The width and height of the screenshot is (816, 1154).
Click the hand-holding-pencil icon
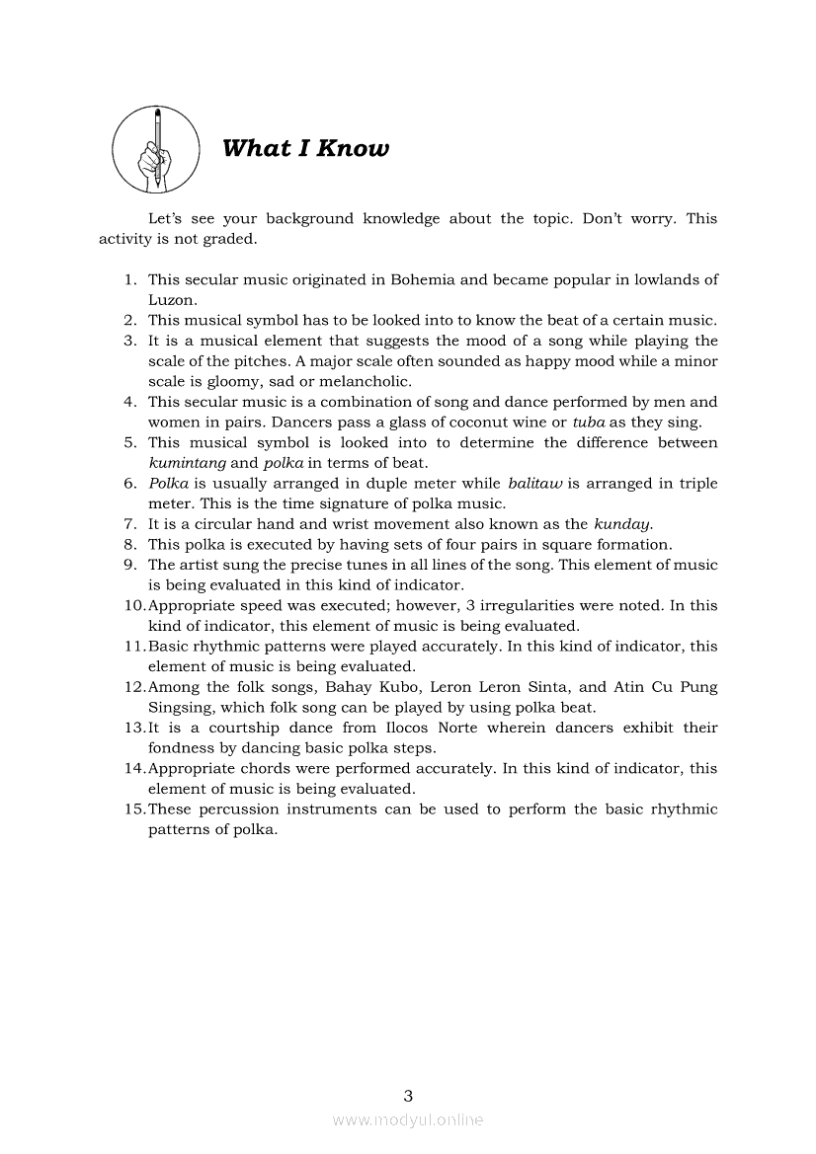155,150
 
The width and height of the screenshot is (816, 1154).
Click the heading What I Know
305,149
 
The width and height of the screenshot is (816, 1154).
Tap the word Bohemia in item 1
424,279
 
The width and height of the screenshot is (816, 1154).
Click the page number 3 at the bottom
408,1095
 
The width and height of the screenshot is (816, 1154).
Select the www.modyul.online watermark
408,1119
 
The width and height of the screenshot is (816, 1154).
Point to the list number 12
134,687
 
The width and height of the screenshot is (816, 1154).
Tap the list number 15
134,809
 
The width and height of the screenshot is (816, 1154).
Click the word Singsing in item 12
180,708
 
